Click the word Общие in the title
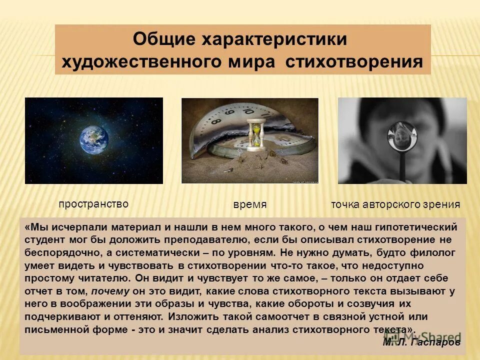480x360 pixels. click(163, 39)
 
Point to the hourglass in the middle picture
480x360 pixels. click(255, 132)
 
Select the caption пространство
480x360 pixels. click(93, 204)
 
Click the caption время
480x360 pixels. click(250, 205)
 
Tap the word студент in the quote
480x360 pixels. click(44, 239)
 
